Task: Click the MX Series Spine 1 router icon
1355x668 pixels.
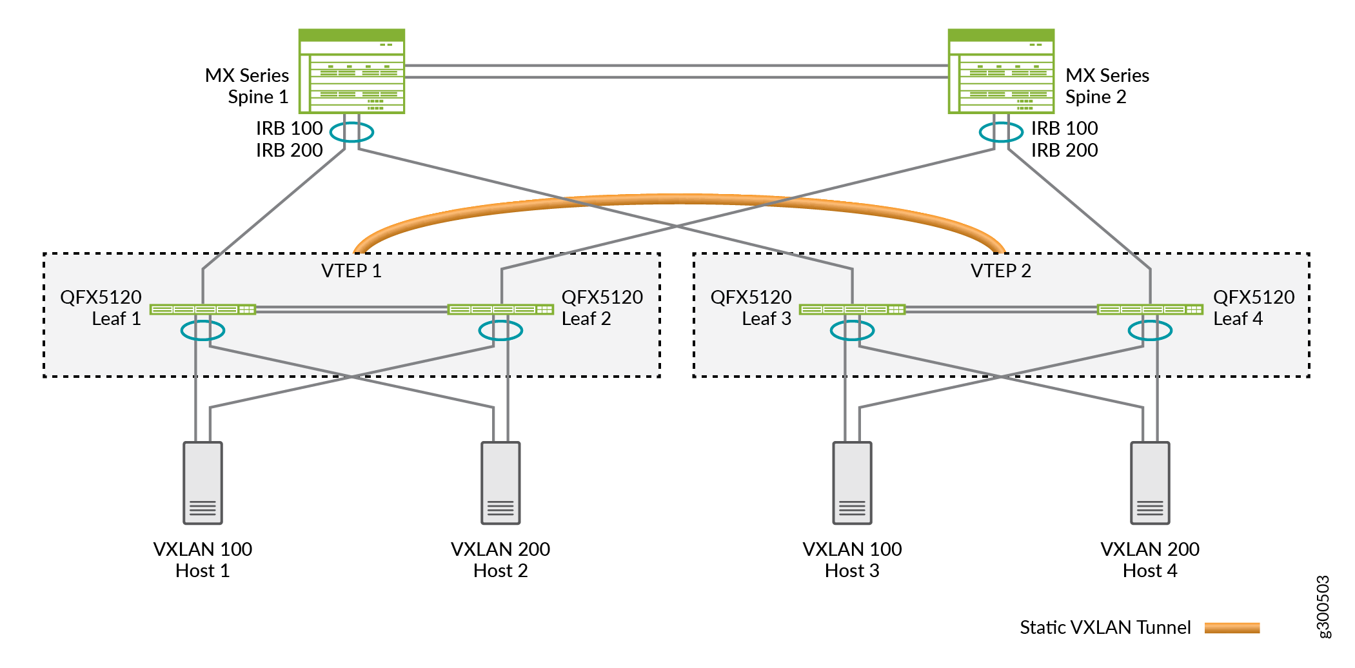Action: tap(351, 72)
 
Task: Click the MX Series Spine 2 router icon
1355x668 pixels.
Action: tap(1001, 72)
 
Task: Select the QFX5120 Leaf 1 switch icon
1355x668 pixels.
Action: tap(203, 309)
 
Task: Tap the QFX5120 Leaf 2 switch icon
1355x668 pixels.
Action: tap(500, 309)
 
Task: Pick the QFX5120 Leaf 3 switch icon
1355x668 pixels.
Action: tap(852, 309)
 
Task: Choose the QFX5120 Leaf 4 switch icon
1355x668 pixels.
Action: tap(1150, 309)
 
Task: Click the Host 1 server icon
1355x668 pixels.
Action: tap(203, 483)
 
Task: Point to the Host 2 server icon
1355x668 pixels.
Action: tap(500, 483)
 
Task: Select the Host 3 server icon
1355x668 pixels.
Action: tap(852, 483)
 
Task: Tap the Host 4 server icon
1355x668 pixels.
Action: tap(1150, 483)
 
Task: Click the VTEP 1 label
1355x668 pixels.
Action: tap(351, 271)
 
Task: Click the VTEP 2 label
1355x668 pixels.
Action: tap(1001, 271)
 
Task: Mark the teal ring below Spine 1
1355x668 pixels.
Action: tap(351, 132)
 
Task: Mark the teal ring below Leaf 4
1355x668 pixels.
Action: tap(1150, 331)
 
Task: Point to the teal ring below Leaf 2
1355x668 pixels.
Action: tap(500, 331)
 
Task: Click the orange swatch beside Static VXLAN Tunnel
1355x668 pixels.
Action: tap(1232, 628)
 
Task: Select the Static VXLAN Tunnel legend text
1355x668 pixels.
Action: tap(1105, 627)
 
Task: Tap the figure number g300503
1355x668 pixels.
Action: tap(1323, 607)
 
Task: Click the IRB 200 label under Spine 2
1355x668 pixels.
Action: tap(1064, 150)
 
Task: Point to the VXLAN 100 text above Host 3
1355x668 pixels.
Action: tap(852, 549)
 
